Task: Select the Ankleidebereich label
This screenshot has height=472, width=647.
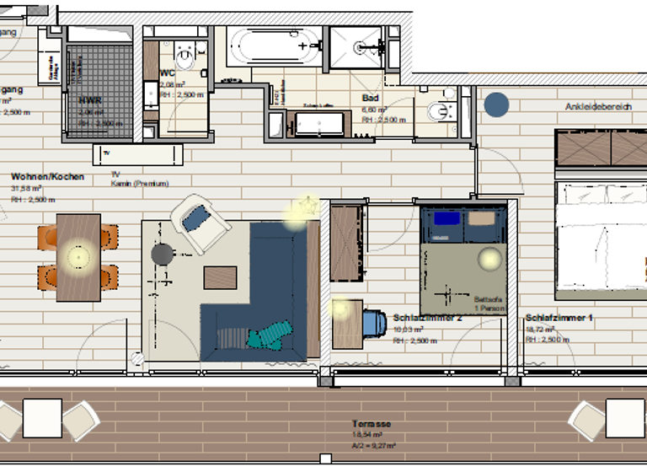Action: click(x=598, y=107)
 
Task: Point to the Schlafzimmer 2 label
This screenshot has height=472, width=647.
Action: click(x=428, y=318)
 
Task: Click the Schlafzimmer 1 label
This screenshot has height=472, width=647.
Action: click(x=559, y=318)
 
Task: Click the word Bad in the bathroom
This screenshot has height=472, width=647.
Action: click(x=370, y=98)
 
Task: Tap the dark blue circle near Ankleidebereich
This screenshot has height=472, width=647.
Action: click(x=496, y=105)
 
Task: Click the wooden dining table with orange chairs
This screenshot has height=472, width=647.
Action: click(x=78, y=257)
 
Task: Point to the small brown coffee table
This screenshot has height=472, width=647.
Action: click(x=220, y=277)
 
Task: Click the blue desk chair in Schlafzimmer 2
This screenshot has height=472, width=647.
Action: click(x=374, y=322)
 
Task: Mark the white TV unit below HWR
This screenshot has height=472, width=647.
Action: click(x=137, y=153)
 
